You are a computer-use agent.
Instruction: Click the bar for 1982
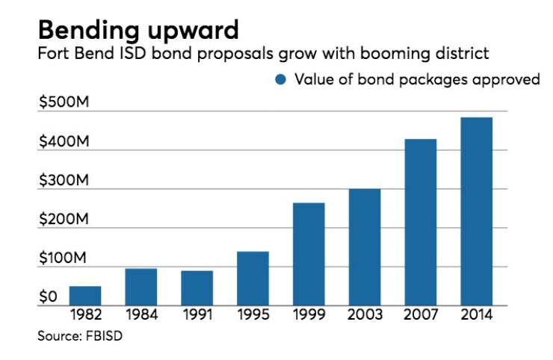click(x=85, y=296)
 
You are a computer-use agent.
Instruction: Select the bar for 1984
click(x=141, y=287)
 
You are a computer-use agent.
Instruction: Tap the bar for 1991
click(x=197, y=288)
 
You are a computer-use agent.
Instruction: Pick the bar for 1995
click(x=253, y=279)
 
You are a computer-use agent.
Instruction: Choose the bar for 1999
click(x=309, y=254)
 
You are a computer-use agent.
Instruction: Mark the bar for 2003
click(x=365, y=247)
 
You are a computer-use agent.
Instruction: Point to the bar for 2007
click(x=421, y=222)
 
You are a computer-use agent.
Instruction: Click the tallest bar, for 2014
click(x=477, y=211)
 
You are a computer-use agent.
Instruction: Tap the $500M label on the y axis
click(x=64, y=102)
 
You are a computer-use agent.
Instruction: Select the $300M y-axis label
click(x=64, y=180)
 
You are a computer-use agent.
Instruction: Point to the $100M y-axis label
click(x=63, y=258)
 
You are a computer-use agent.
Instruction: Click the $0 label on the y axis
click(x=48, y=297)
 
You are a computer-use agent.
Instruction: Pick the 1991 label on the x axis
click(x=197, y=314)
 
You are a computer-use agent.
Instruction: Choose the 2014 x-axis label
click(x=477, y=314)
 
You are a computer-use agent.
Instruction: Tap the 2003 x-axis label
click(x=365, y=314)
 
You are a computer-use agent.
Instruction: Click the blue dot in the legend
click(x=281, y=80)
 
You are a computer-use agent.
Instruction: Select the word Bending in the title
click(x=89, y=31)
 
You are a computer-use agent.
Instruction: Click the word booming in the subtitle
click(x=395, y=54)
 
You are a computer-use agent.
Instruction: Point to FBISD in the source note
click(x=104, y=335)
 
